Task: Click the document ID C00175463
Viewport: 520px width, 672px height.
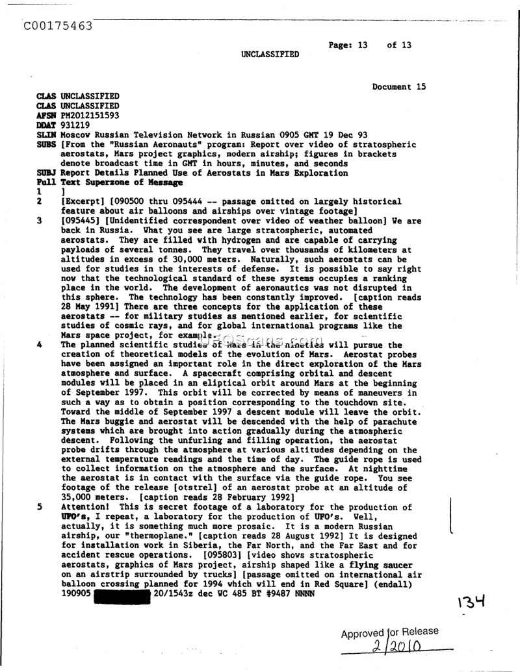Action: coord(57,26)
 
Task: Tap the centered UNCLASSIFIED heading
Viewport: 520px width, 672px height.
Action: coord(270,55)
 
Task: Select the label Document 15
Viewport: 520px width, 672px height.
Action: coord(399,86)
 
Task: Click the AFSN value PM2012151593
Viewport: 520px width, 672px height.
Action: coord(90,115)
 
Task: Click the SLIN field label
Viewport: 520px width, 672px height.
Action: coord(45,134)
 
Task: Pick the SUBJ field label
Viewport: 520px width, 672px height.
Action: coord(45,173)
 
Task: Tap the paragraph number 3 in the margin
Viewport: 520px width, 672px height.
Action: coord(40,221)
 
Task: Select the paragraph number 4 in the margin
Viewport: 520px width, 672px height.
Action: coord(40,345)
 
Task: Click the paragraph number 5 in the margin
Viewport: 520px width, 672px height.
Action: coord(40,507)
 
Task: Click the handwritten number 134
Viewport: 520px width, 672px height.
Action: coord(473,603)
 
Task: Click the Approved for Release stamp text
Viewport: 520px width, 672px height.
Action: coord(390,632)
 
